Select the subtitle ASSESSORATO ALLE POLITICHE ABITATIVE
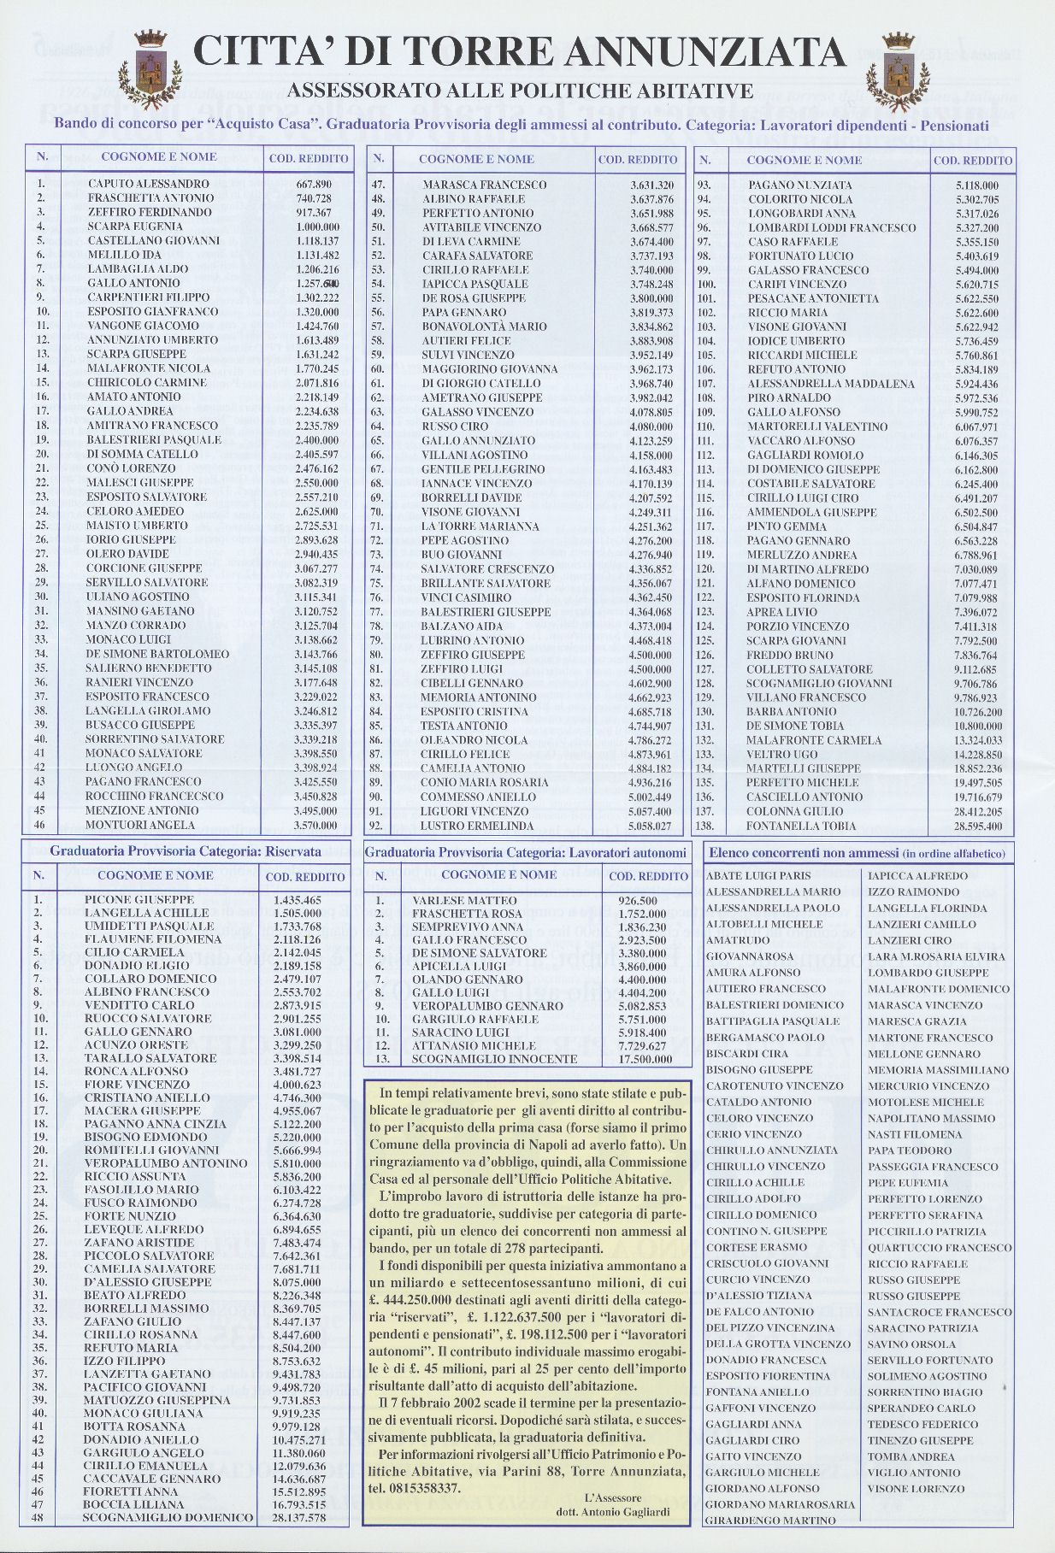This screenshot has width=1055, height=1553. point(520,91)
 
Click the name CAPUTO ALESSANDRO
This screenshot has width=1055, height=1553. point(148,184)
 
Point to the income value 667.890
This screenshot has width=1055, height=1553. point(314,184)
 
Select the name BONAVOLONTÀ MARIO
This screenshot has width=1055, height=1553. point(484,326)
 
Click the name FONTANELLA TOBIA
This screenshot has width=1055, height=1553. point(800,827)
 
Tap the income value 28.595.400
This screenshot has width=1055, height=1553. point(978,827)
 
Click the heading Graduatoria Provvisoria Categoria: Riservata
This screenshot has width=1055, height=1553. point(186,851)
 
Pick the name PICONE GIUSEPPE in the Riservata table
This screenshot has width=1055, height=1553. point(139,899)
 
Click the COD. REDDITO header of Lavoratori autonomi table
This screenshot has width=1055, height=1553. point(648,876)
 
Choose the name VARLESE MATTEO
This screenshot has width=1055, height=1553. point(464,901)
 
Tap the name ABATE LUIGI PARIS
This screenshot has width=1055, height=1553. point(758,876)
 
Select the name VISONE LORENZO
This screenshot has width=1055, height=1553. point(916,1489)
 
